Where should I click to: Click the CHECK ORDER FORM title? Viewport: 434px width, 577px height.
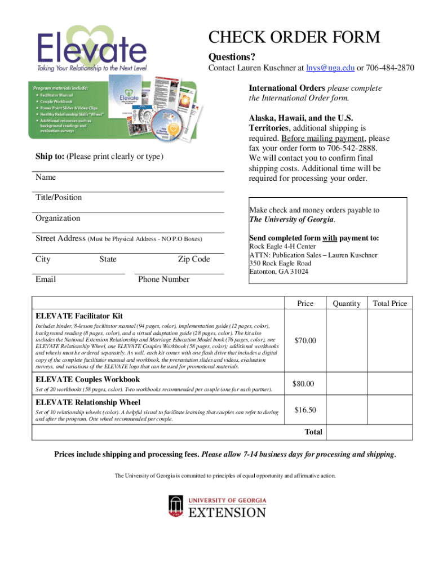[x=294, y=38]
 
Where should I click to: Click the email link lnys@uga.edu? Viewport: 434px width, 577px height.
[x=330, y=68]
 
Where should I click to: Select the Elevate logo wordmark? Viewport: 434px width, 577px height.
[x=92, y=47]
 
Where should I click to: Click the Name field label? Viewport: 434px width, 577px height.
[x=46, y=177]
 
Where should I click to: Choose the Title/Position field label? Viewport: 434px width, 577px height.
[x=59, y=197]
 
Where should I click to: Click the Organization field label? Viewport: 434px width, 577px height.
[x=58, y=218]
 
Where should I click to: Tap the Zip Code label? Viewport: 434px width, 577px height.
[x=193, y=259]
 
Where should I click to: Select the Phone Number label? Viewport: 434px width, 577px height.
[x=163, y=279]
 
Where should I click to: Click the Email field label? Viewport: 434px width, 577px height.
[x=46, y=279]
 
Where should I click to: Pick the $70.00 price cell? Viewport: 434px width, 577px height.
[x=305, y=340]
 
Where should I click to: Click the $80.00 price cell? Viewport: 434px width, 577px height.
[x=305, y=384]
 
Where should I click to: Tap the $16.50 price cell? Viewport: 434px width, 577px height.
[x=305, y=410]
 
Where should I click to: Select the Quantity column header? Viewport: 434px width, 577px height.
[x=346, y=303]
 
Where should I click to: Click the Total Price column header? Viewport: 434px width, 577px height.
[x=389, y=303]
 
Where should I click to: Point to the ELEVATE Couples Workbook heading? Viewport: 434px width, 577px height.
[x=88, y=379]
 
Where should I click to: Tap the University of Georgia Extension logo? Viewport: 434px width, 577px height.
[x=217, y=506]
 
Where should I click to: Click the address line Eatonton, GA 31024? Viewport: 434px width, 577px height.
[x=278, y=272]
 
